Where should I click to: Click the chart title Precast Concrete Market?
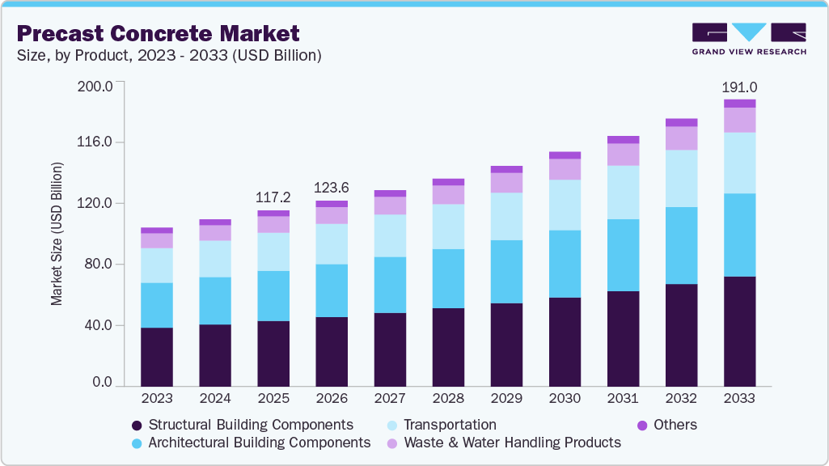158,33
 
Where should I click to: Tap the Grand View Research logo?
749,39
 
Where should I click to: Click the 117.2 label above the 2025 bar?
273,197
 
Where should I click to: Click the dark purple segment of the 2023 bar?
157,356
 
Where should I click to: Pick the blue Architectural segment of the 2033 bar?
740,235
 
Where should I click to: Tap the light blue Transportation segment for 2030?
565,205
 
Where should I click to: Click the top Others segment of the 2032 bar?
682,123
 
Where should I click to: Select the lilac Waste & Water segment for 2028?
448,194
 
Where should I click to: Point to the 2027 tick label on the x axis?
390,399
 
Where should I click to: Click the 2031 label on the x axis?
623,399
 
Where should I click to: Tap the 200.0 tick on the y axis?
96,84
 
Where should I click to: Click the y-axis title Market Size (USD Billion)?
57,234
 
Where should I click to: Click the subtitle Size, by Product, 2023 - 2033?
169,56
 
